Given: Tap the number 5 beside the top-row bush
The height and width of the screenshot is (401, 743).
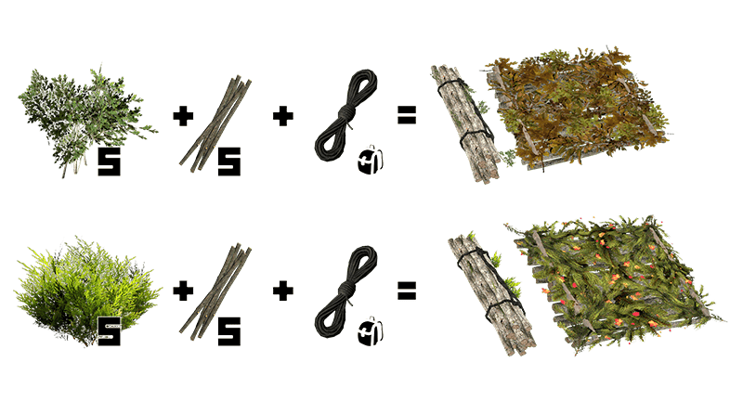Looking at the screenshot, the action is point(109,162).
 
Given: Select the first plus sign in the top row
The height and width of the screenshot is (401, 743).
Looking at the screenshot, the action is point(183,116).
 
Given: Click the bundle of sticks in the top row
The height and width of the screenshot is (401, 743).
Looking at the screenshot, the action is point(215,123).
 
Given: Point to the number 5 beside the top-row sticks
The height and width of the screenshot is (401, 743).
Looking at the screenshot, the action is point(228,162).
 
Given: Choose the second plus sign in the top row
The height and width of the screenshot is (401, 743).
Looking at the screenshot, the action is point(283,116).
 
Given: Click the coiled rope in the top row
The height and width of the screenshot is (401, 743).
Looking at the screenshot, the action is point(345,115).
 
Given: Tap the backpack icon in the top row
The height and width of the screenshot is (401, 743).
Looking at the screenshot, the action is point(371,161).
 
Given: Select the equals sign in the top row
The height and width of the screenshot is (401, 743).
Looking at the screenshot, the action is point(407,115).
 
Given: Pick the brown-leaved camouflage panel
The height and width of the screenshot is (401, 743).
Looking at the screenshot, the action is point(578,108).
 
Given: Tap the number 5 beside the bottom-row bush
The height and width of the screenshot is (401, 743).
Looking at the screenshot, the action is point(109,331).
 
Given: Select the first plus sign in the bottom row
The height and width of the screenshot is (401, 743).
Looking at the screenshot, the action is point(183,291).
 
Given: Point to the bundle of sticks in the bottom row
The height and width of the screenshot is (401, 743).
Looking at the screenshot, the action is point(215,292).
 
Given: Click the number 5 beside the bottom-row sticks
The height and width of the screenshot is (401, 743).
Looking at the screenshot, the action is point(228,331).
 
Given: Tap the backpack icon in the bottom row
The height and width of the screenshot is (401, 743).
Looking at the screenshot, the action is point(371,330).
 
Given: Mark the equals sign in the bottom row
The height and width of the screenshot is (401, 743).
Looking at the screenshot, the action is point(407,291).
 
